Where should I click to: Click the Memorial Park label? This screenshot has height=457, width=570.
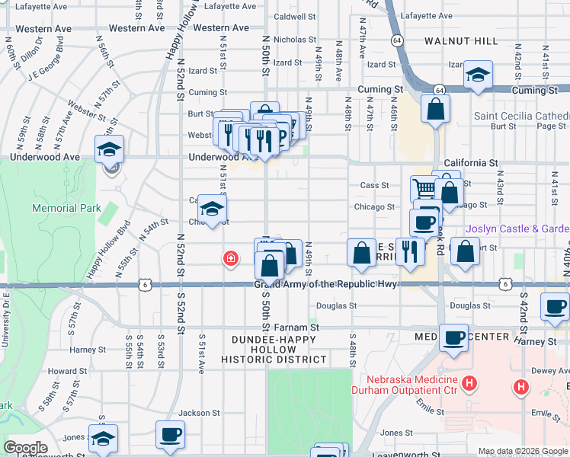click(56, 208)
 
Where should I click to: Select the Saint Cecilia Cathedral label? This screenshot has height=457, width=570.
click(521, 116)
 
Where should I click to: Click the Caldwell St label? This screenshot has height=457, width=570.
click(294, 16)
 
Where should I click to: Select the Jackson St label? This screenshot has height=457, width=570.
click(199, 413)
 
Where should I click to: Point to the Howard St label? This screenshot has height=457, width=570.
click(62, 372)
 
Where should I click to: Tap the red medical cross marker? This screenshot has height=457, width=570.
click(229, 260)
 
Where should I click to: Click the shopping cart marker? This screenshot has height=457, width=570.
click(424, 187)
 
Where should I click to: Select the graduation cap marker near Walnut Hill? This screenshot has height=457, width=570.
click(478, 75)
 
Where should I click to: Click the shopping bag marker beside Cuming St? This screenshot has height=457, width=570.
click(435, 109)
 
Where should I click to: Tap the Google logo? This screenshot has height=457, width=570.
click(26, 448)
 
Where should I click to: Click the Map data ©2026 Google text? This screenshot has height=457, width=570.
click(522, 451)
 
